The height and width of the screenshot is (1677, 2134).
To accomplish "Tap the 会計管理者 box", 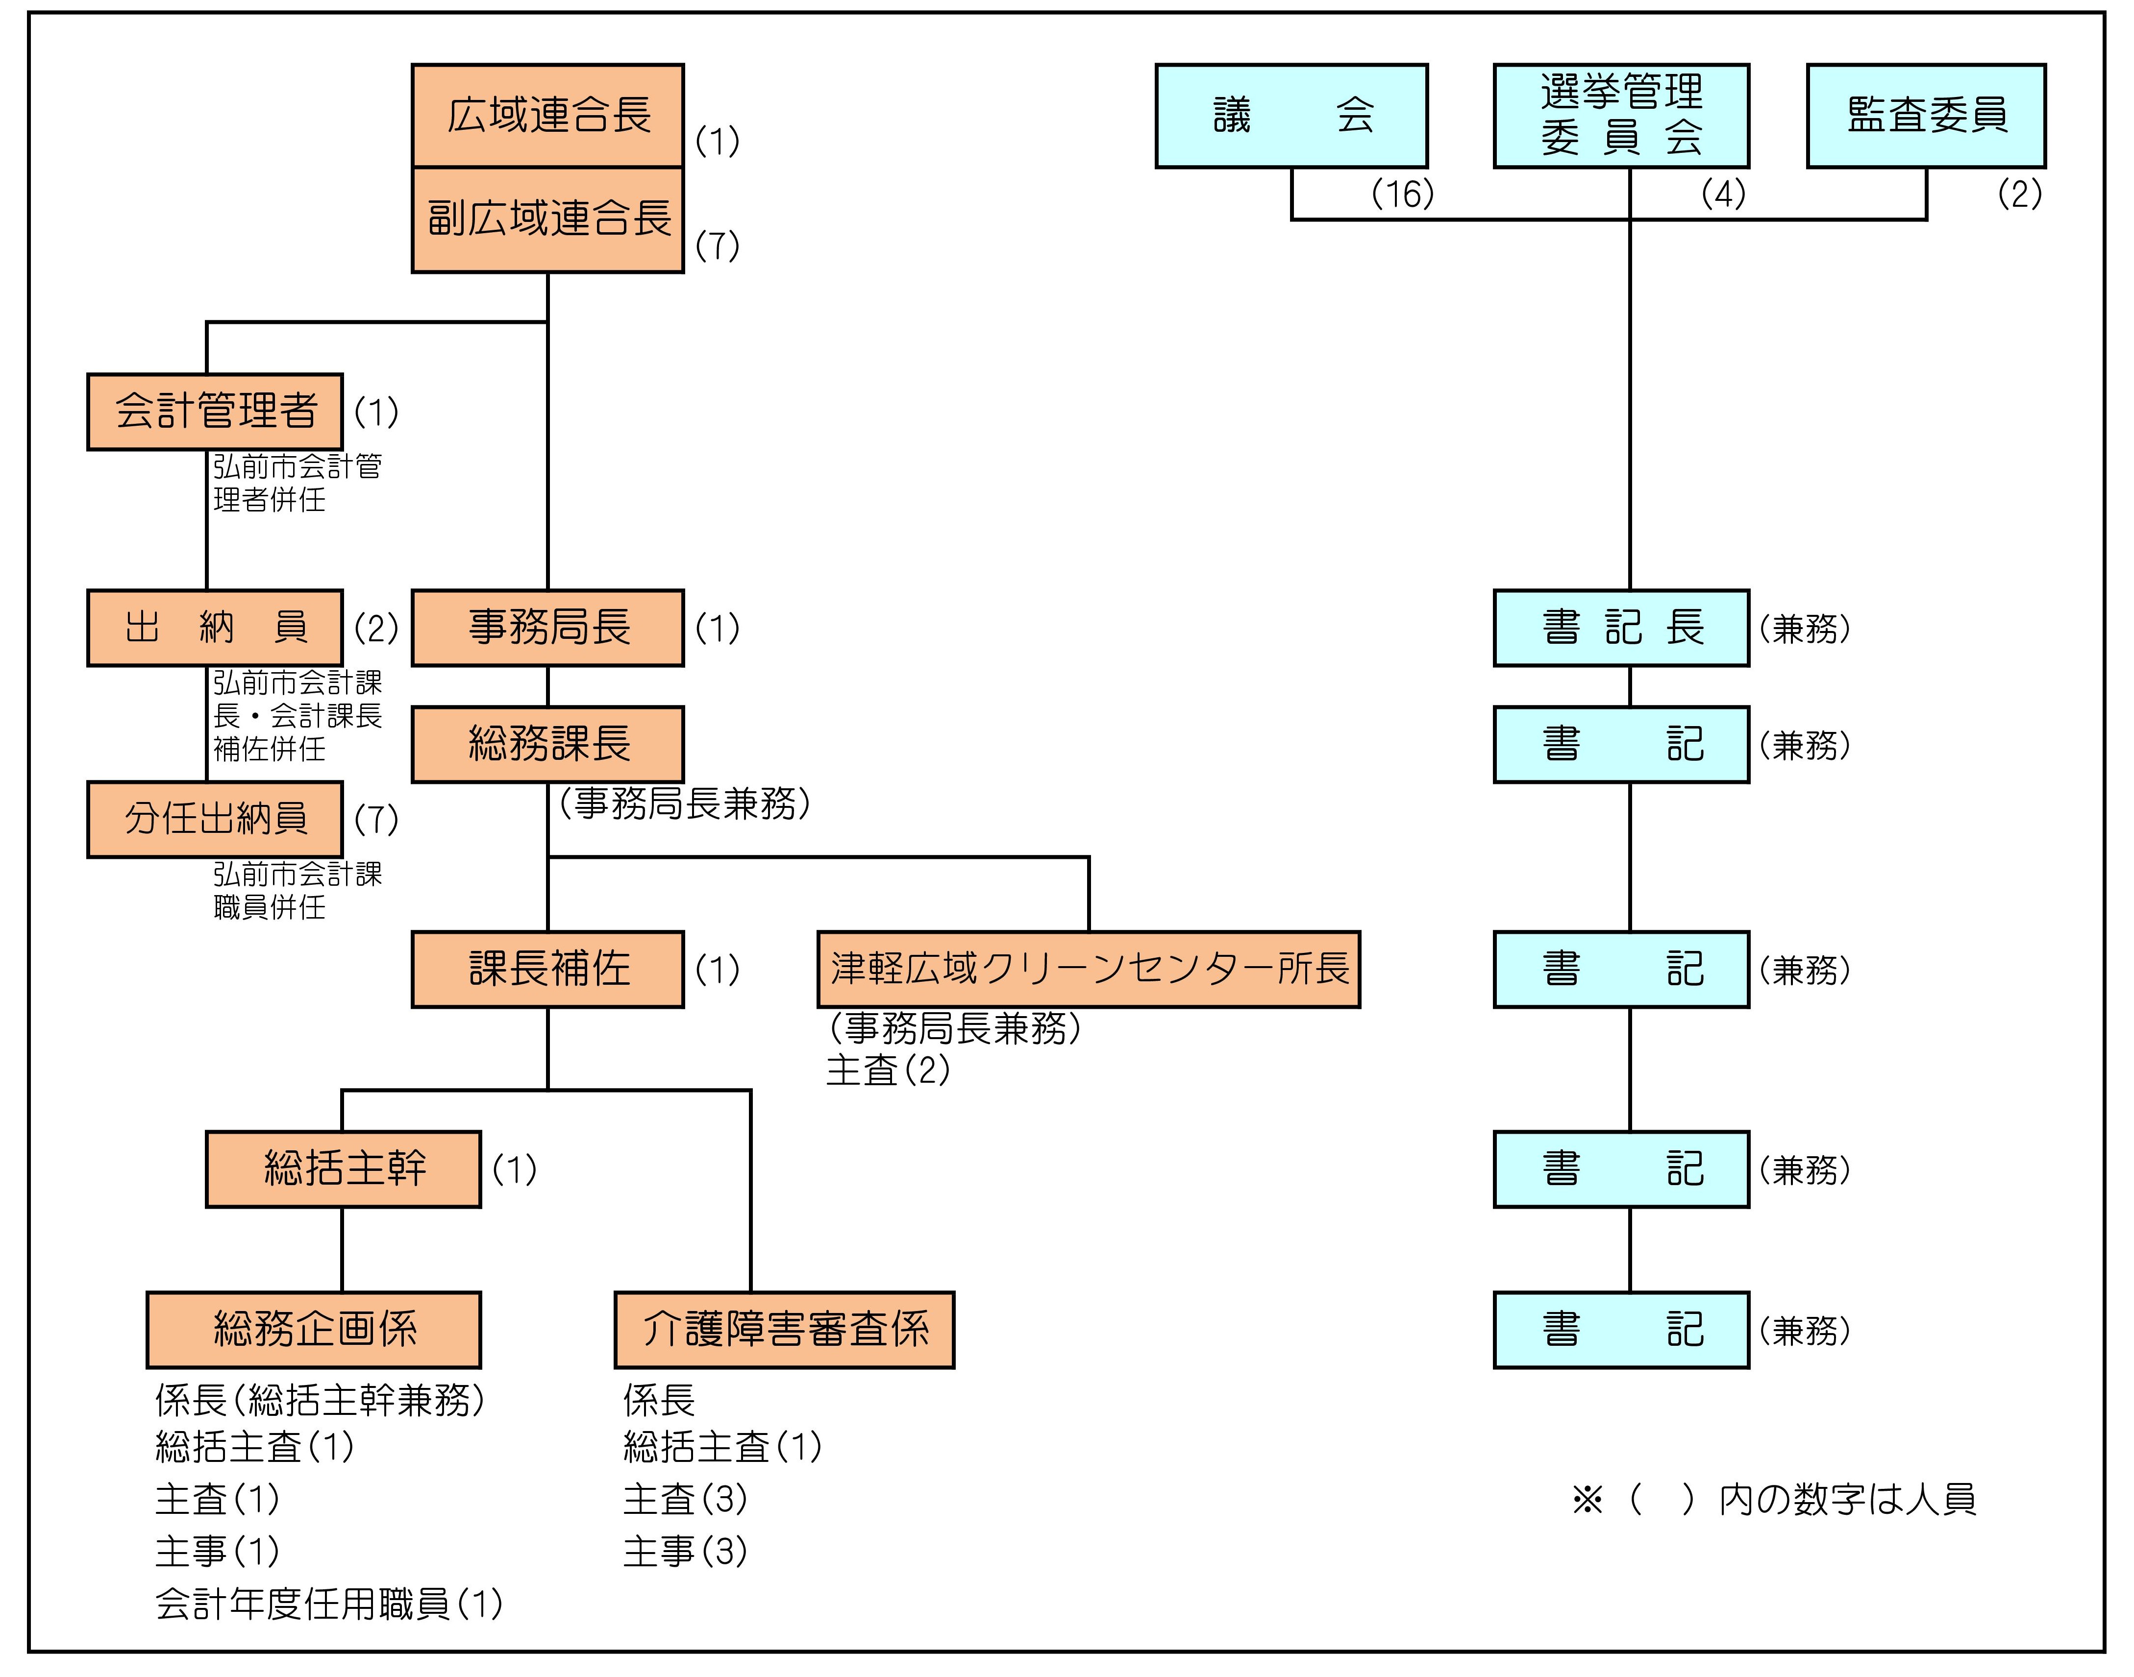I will [215, 412].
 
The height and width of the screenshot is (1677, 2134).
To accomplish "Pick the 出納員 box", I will [215, 628].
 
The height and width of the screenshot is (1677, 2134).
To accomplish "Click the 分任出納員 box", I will [215, 819].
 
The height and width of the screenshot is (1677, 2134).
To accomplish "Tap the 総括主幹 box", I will [343, 1168].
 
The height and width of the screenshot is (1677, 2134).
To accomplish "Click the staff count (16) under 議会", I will [1402, 194].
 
